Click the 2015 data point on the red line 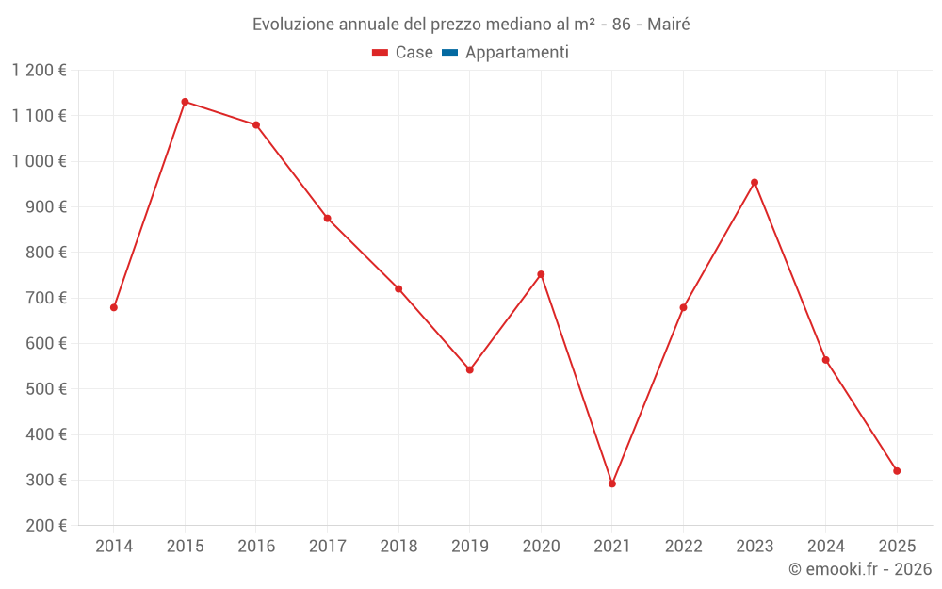click(185, 102)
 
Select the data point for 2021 click(612, 483)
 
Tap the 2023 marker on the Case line click(755, 183)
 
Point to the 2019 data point click(470, 369)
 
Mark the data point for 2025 click(897, 471)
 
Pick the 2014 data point click(114, 307)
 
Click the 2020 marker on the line click(541, 274)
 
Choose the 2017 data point click(327, 219)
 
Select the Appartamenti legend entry click(516, 53)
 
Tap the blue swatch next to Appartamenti click(449, 53)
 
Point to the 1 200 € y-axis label click(40, 71)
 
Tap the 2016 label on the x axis click(256, 547)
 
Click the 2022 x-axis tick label click(683, 547)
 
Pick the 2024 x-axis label click(825, 547)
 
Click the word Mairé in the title click(668, 25)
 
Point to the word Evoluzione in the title click(293, 25)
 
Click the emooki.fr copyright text click(860, 569)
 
